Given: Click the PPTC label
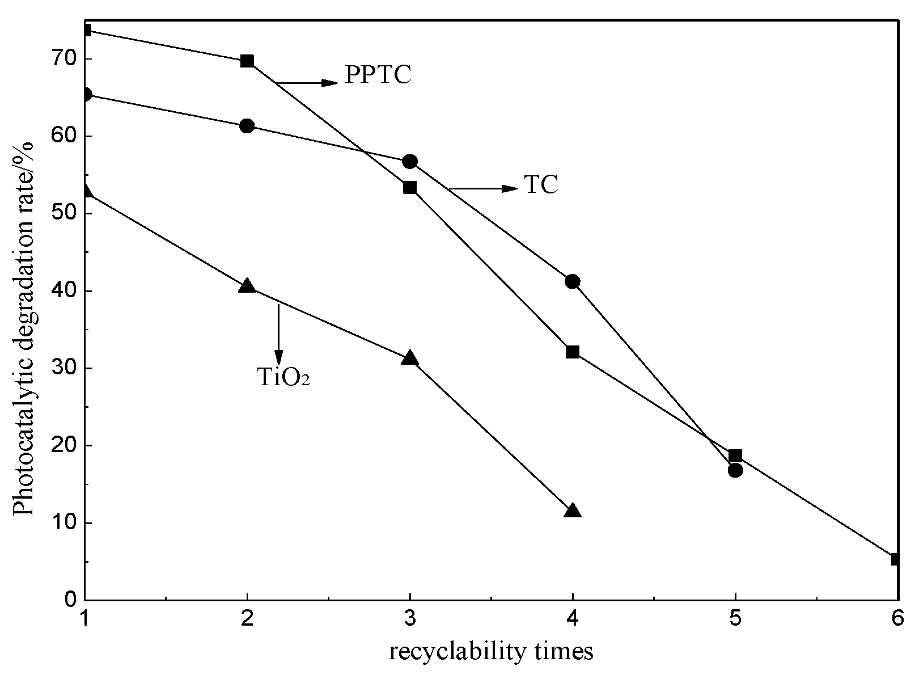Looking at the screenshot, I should pyautogui.click(x=378, y=74).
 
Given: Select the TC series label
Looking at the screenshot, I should pyautogui.click(x=541, y=185).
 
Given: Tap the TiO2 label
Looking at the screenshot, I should pyautogui.click(x=283, y=377).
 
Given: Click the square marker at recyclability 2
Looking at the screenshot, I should pyautogui.click(x=247, y=61).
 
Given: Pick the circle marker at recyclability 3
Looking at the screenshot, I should pyautogui.click(x=410, y=162).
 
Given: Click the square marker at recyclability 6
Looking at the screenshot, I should pyautogui.click(x=896, y=559).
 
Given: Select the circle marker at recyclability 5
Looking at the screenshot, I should pyautogui.click(x=735, y=470).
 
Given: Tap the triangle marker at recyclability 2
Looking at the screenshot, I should pyautogui.click(x=247, y=286).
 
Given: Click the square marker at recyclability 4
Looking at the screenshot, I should pyautogui.click(x=573, y=352).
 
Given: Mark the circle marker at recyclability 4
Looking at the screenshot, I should pyautogui.click(x=573, y=281).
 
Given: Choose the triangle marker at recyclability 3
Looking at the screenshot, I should pyautogui.click(x=410, y=358).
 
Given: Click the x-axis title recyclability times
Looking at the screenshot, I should pyautogui.click(x=491, y=651).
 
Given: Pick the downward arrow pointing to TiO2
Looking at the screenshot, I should pyautogui.click(x=278, y=335).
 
